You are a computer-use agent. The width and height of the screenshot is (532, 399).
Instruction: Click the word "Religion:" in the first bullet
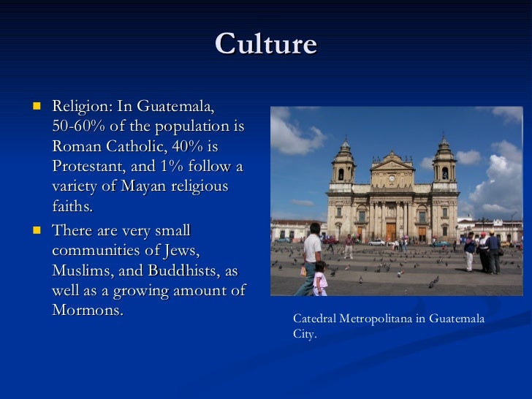tap(81, 107)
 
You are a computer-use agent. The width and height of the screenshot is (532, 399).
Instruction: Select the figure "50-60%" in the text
tap(77, 126)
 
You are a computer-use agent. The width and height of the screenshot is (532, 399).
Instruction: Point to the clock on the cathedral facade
tap(392, 178)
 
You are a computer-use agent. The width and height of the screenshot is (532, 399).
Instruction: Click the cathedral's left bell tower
tap(342, 168)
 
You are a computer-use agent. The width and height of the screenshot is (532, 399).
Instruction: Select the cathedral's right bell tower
tap(444, 168)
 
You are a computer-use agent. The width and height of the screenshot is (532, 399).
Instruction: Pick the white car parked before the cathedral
tap(376, 242)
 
